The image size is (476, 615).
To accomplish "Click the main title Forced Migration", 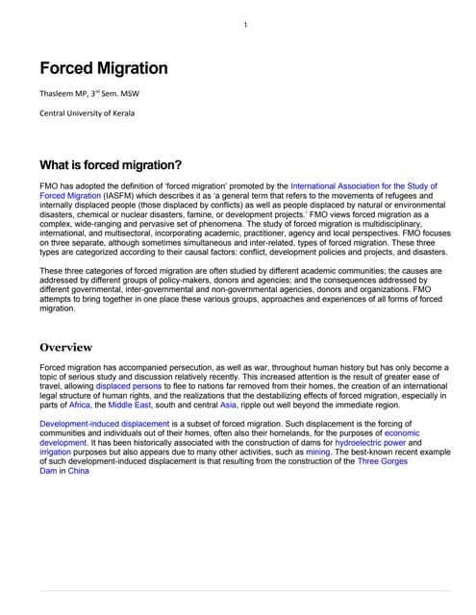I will [103, 68].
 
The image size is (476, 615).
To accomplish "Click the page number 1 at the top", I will [245, 24].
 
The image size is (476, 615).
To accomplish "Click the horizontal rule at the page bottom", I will [244, 590].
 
